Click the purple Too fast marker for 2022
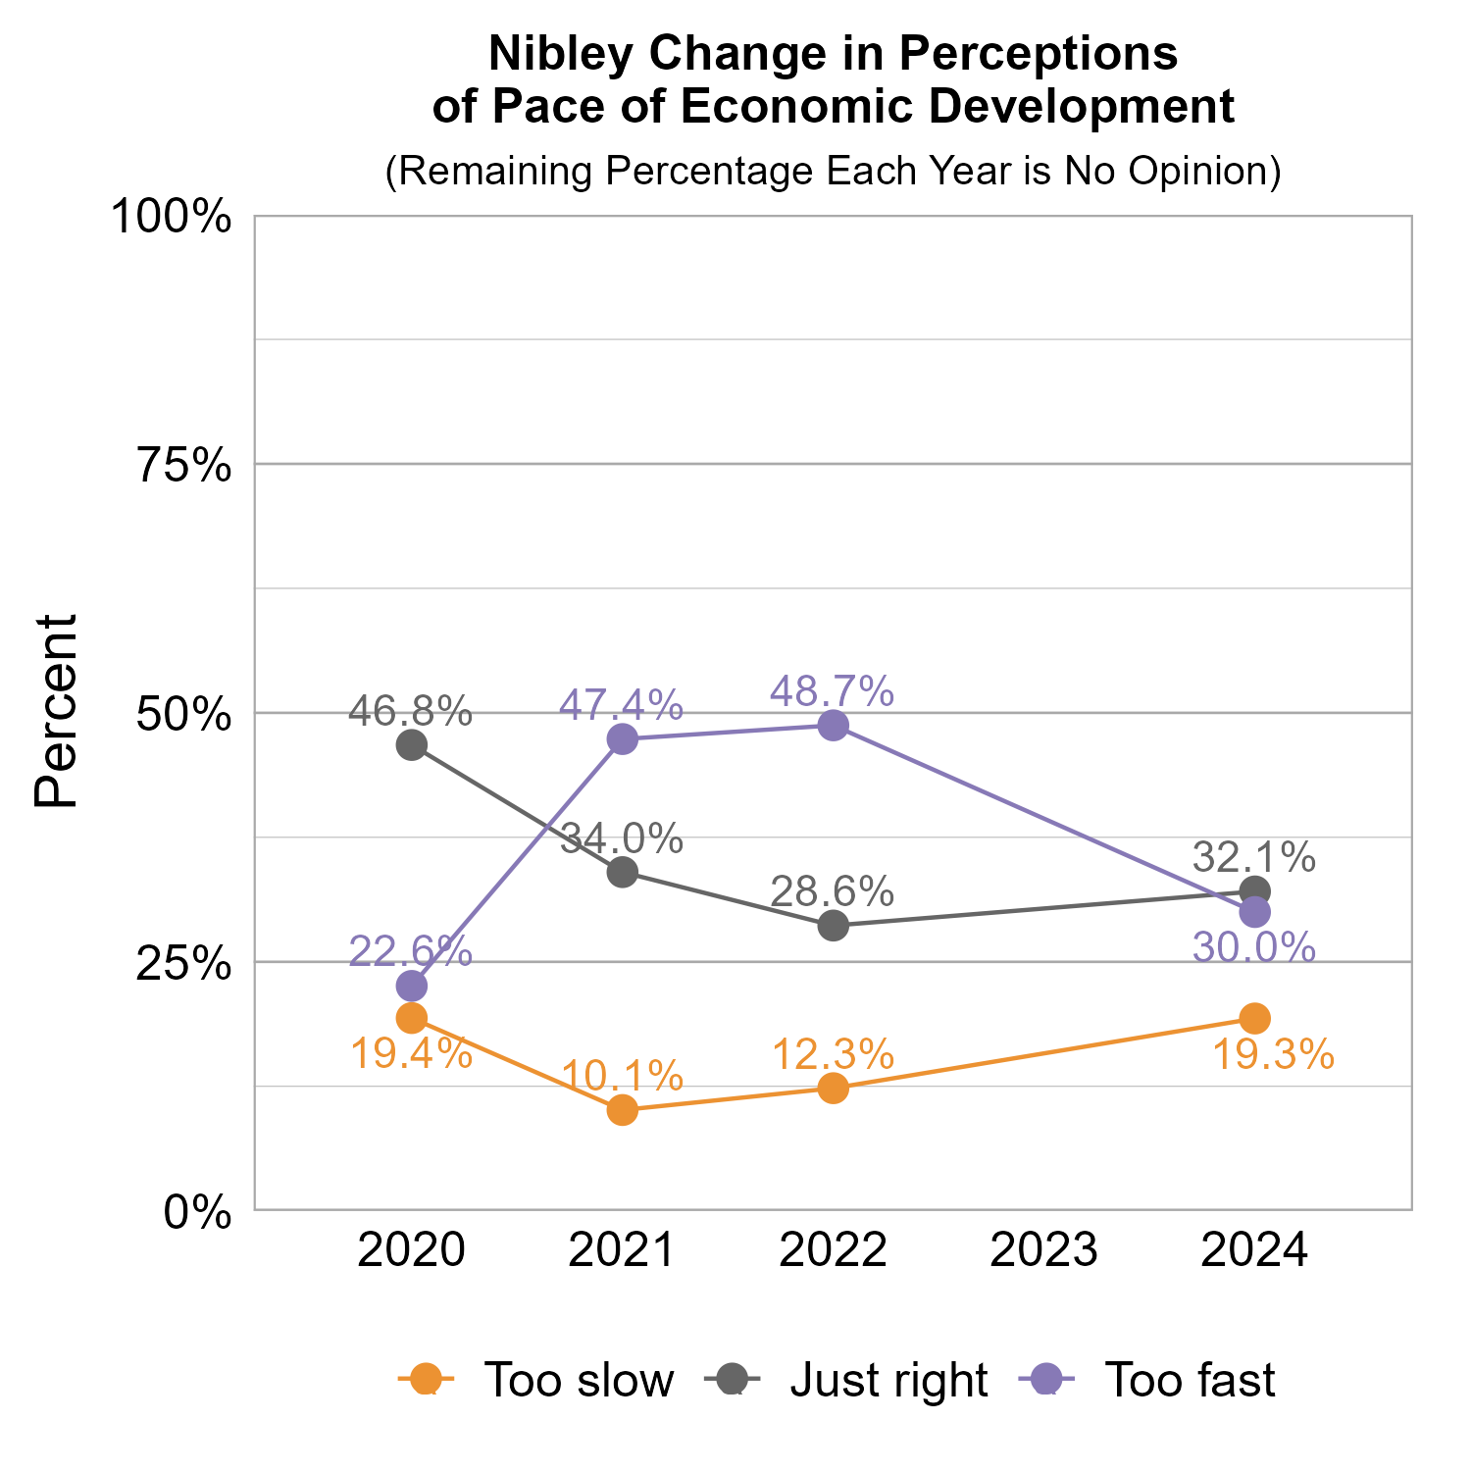pyautogui.click(x=833, y=726)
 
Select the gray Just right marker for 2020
pyautogui.click(x=411, y=745)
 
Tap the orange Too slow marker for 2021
pyautogui.click(x=622, y=1110)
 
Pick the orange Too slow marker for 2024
pyautogui.click(x=1254, y=1018)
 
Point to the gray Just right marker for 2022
pyautogui.click(x=833, y=926)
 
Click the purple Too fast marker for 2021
pyautogui.click(x=622, y=739)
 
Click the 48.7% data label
pyautogui.click(x=832, y=691)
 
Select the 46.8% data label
pyautogui.click(x=411, y=711)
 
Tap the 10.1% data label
pyautogui.click(x=622, y=1076)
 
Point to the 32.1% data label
pyautogui.click(x=1253, y=857)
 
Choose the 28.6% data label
pyautogui.click(x=832, y=891)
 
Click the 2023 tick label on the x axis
pyautogui.click(x=1043, y=1251)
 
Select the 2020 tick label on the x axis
pyautogui.click(x=411, y=1251)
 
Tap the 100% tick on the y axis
pyautogui.click(x=172, y=217)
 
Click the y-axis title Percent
pyautogui.click(x=56, y=712)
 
